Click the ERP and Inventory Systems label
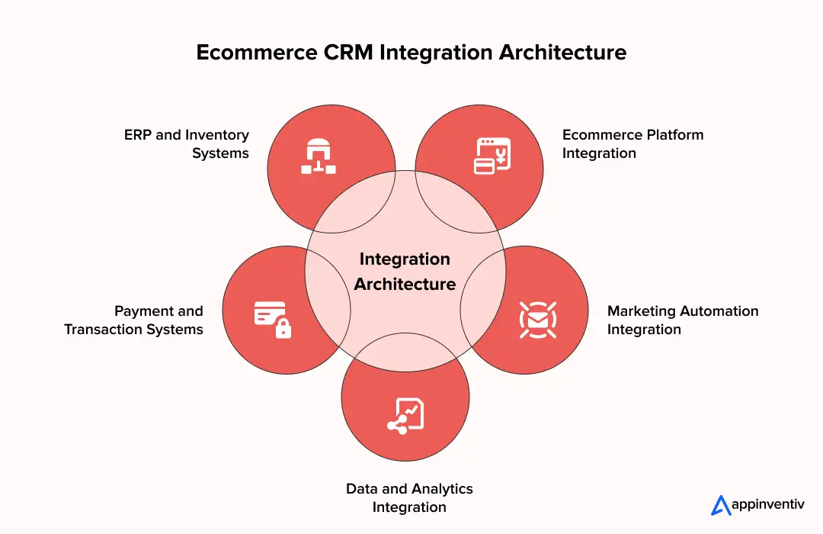[x=187, y=144]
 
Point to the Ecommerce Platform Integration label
[x=632, y=144]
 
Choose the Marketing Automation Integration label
[x=682, y=320]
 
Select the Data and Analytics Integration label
[x=409, y=498]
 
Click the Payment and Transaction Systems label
[x=134, y=320]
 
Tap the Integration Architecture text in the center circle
[x=405, y=272]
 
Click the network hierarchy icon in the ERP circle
[x=317, y=156]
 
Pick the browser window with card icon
[x=492, y=156]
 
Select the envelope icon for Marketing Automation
[x=538, y=319]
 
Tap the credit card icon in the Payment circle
[x=270, y=312]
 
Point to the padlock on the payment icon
[x=283, y=329]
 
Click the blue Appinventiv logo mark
[x=720, y=505]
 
